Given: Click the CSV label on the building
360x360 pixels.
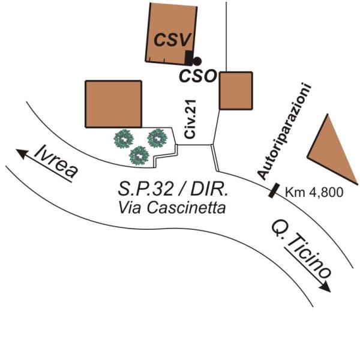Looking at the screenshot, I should pos(173,40).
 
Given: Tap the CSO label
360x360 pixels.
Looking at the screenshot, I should pos(199,76).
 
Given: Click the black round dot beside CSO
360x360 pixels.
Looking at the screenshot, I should pos(196,61).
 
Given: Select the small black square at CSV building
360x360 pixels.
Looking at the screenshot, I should pos(188,58).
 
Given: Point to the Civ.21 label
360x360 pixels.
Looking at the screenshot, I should pos(191,120).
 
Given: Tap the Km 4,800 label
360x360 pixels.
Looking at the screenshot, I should pos(313,192).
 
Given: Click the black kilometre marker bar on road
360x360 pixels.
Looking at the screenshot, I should pos(273,190).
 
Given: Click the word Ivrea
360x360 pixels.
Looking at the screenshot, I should pos(56,161).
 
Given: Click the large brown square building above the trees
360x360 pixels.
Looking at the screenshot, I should pos(113,104).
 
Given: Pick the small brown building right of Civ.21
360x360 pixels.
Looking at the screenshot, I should pos(235,90).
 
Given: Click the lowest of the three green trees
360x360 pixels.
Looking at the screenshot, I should pos(139,155).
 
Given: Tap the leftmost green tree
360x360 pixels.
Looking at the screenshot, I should pos(124,139).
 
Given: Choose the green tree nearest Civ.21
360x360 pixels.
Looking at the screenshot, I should pos(157,137).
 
